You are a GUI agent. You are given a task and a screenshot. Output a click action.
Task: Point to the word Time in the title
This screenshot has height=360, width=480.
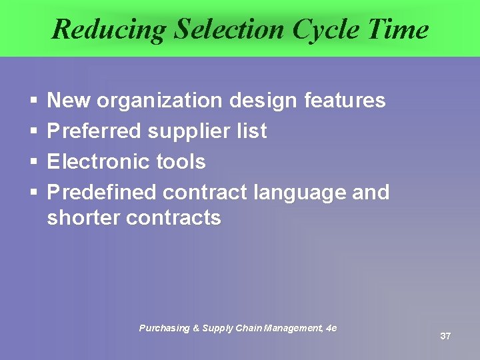point(399,29)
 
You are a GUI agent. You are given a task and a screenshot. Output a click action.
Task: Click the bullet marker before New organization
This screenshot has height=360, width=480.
point(33,101)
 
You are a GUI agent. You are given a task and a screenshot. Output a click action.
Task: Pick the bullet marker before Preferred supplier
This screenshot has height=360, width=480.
point(33,132)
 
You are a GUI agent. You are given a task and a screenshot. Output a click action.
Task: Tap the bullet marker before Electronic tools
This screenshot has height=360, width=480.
point(33,163)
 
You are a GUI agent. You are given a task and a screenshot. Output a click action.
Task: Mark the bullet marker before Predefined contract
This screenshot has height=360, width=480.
point(33,193)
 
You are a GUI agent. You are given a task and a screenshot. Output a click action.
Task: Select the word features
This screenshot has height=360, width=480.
point(344,101)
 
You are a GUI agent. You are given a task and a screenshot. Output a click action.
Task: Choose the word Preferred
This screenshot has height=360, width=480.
point(94,131)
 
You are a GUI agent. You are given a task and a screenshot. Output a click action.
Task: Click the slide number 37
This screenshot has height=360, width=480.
point(445,336)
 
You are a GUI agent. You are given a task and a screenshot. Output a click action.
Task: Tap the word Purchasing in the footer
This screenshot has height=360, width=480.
point(163,328)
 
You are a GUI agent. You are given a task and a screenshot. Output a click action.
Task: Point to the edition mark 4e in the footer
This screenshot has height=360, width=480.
point(331,328)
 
